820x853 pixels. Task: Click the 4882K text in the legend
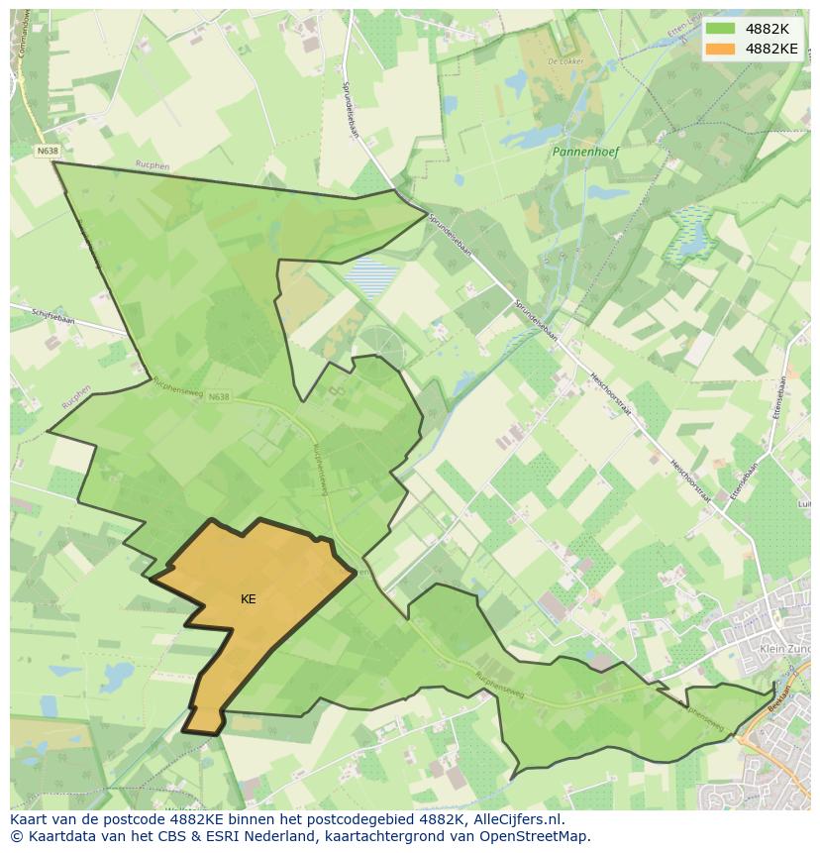point(768,30)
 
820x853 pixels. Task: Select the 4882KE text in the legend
point(771,49)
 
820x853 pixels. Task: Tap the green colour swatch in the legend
point(721,30)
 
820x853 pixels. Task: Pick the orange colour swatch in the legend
point(721,49)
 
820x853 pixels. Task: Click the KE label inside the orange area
point(248,599)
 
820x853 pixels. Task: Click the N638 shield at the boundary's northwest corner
point(47,151)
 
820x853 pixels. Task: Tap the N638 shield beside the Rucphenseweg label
point(219,397)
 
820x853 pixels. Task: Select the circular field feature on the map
point(382,341)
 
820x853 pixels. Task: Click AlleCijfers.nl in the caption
point(516,819)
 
